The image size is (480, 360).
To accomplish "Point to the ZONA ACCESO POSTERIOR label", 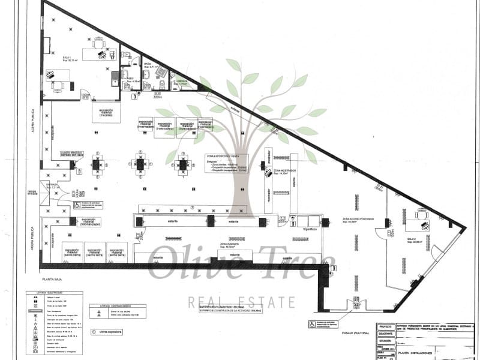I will pos(358,220).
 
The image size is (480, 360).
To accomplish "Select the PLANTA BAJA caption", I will pos(55,279).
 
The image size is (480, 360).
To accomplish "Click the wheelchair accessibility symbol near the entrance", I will pos(77,205).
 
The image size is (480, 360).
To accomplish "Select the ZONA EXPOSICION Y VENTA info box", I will pos(229,164).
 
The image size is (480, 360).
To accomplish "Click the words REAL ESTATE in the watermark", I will pos(241,302).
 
